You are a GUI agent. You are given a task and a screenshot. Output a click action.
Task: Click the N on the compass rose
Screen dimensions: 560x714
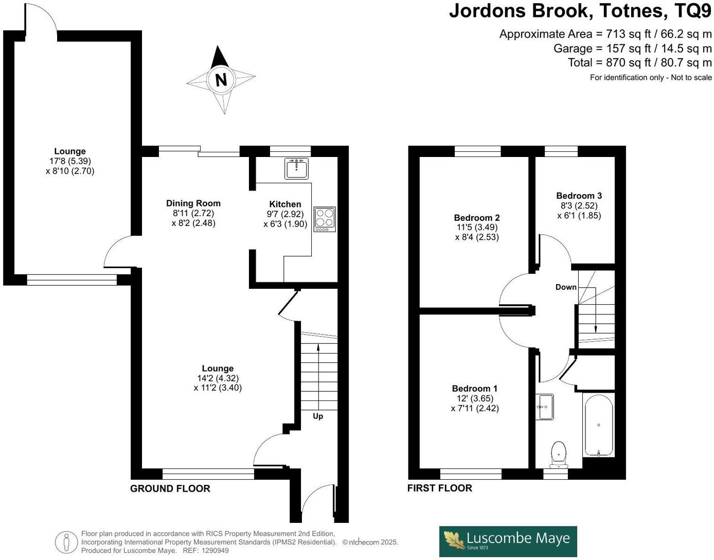pos(221,80)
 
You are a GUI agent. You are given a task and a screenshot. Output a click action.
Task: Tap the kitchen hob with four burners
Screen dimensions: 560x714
pos(325,219)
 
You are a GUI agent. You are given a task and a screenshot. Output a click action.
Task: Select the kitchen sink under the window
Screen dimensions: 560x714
pos(297,168)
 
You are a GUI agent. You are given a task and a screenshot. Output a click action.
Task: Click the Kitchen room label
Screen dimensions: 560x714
pos(285,204)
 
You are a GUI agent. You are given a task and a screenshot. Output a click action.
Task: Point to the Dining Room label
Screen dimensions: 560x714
pos(193,203)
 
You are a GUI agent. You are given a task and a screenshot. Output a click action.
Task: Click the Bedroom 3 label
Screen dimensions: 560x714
pos(579,196)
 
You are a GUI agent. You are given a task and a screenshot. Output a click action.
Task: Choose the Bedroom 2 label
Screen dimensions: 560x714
pos(476,218)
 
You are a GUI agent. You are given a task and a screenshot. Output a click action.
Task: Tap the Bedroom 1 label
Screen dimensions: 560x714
pos(474,389)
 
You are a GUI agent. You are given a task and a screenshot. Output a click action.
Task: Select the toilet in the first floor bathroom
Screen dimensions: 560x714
pos(558,453)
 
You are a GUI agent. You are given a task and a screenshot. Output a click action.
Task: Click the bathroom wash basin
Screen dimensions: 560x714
pos(544,407)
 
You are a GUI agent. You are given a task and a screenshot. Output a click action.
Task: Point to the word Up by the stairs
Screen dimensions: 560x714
pos(318,416)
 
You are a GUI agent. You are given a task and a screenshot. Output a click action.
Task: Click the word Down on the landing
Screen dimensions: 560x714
pos(566,287)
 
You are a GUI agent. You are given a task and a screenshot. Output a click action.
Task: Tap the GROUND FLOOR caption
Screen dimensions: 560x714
pos(170,488)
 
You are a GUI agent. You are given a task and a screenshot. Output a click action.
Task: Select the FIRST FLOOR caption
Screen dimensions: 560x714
pos(439,488)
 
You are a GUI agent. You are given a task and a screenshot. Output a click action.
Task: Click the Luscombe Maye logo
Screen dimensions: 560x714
pos(508,541)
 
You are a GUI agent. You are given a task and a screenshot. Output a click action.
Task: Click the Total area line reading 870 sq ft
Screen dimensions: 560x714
pos(639,63)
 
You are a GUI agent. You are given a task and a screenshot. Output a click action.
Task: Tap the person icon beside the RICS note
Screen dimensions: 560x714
pos(66,542)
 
